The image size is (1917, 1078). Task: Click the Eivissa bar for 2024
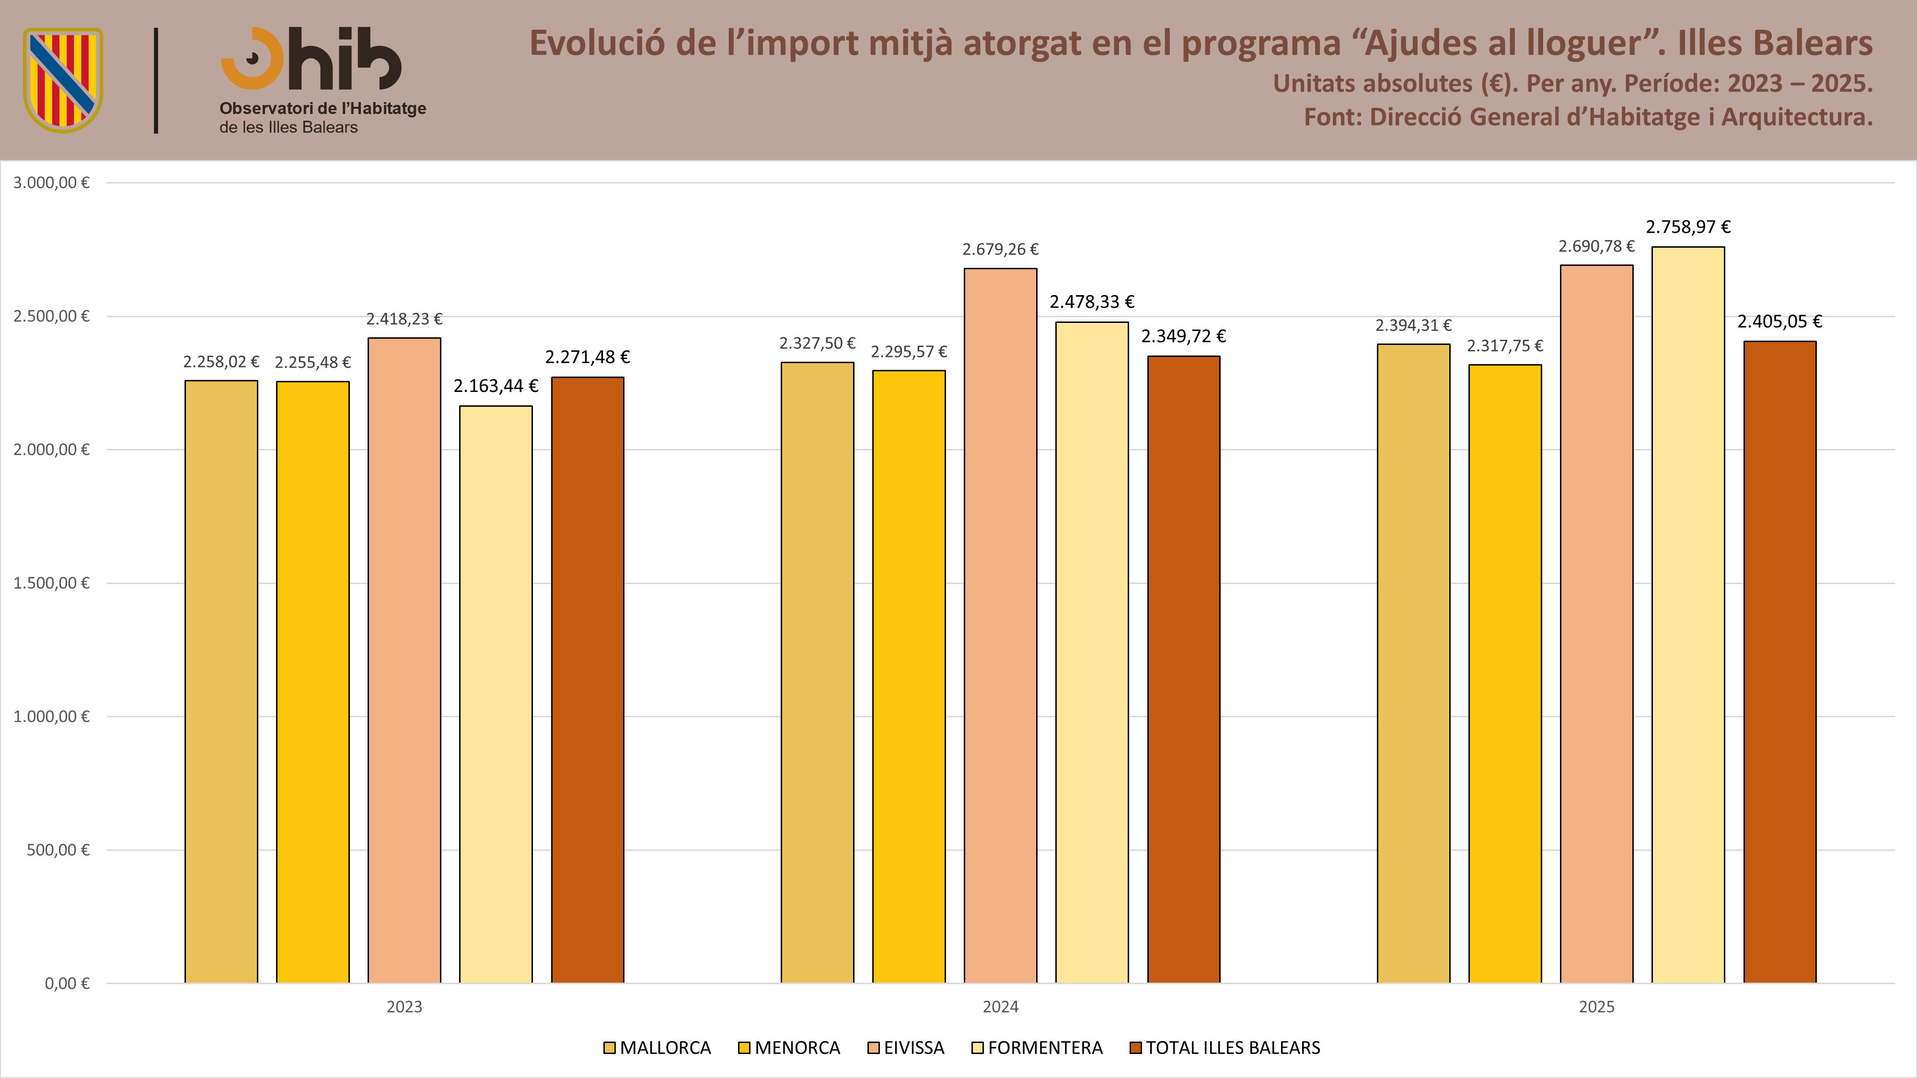pyautogui.click(x=1000, y=626)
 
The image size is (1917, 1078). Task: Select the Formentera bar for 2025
pyautogui.click(x=1688, y=615)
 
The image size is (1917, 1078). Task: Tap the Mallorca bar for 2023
pyautogui.click(x=221, y=681)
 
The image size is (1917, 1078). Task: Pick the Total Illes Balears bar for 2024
pyautogui.click(x=1183, y=670)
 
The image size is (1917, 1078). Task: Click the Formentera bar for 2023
pyautogui.click(x=496, y=694)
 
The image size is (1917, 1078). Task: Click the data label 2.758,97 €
pyautogui.click(x=1688, y=227)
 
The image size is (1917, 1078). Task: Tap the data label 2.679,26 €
pyautogui.click(x=1000, y=249)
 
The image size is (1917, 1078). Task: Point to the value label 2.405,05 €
pyautogui.click(x=1779, y=321)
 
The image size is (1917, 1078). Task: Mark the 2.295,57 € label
pyautogui.click(x=909, y=352)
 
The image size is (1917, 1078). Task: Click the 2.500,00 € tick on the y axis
pyautogui.click(x=51, y=316)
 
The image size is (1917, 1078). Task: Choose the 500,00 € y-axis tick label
pyautogui.click(x=58, y=849)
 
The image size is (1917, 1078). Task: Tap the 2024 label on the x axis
pyautogui.click(x=1000, y=1007)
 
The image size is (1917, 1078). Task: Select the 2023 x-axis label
pyautogui.click(x=404, y=1007)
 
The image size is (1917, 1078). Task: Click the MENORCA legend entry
pyautogui.click(x=789, y=1047)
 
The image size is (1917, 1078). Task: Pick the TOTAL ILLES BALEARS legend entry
pyautogui.click(x=1225, y=1047)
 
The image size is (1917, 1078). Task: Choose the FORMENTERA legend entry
pyautogui.click(x=1038, y=1047)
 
